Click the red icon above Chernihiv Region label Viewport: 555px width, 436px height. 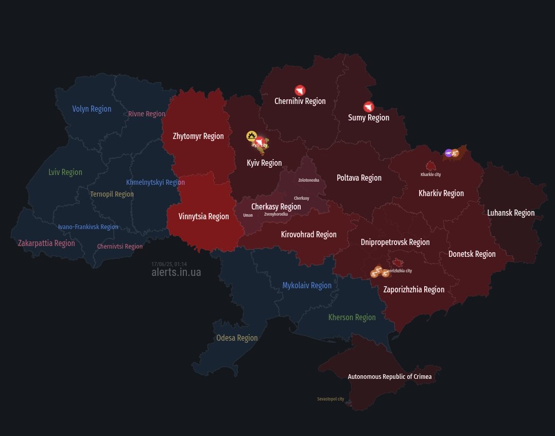(300, 90)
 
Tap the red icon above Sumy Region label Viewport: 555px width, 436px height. (368, 107)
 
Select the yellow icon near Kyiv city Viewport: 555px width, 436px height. (251, 136)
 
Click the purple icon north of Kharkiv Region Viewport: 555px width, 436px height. (448, 153)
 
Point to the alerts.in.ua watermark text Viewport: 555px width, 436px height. (176, 272)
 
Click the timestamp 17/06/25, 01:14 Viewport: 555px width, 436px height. (169, 264)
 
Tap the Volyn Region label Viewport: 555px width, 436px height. (92, 109)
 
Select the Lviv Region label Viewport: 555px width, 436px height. (65, 172)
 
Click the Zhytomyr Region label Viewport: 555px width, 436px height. (198, 136)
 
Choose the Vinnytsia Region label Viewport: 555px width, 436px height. (203, 216)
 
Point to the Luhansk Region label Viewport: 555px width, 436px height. (511, 213)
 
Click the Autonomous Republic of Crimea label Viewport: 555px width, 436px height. (390, 376)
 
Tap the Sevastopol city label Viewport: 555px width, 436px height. (331, 399)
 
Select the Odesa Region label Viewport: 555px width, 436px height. (237, 338)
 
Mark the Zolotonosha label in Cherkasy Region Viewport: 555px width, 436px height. (308, 180)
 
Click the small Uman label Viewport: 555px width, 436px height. (248, 215)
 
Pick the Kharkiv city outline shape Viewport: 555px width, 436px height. (430, 166)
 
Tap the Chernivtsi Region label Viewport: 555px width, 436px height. (120, 247)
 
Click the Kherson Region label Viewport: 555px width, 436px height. (352, 317)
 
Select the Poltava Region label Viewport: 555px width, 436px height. (359, 178)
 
